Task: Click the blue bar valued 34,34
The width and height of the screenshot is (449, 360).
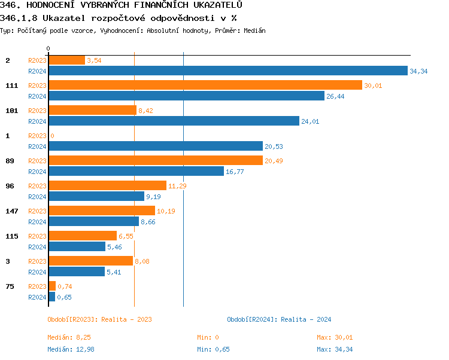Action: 227,71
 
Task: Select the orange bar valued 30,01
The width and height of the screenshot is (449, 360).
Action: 205,85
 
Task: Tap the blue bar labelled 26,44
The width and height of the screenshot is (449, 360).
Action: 186,96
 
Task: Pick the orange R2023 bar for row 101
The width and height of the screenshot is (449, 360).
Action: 92,110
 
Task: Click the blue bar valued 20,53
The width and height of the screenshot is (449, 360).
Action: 155,146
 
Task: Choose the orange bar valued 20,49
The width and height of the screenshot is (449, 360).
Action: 155,160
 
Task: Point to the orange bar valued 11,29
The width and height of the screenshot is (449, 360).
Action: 107,185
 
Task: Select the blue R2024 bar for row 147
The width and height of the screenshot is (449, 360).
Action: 93,221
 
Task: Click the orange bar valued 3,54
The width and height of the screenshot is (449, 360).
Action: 66,60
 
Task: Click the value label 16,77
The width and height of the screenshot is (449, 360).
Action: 235,172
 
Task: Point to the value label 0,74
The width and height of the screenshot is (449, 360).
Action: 65,286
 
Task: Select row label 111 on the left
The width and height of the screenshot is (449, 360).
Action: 12,86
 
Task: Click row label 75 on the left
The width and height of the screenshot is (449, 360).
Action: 10,286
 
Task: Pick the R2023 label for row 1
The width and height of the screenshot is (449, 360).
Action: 37,136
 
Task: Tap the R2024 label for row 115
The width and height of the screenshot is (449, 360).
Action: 37,247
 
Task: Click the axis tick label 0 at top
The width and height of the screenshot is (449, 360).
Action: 48,48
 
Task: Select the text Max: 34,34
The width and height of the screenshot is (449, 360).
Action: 335,349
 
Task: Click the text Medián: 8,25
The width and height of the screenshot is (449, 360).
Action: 69,337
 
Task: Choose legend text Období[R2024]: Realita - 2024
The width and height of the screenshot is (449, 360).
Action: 279,319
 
